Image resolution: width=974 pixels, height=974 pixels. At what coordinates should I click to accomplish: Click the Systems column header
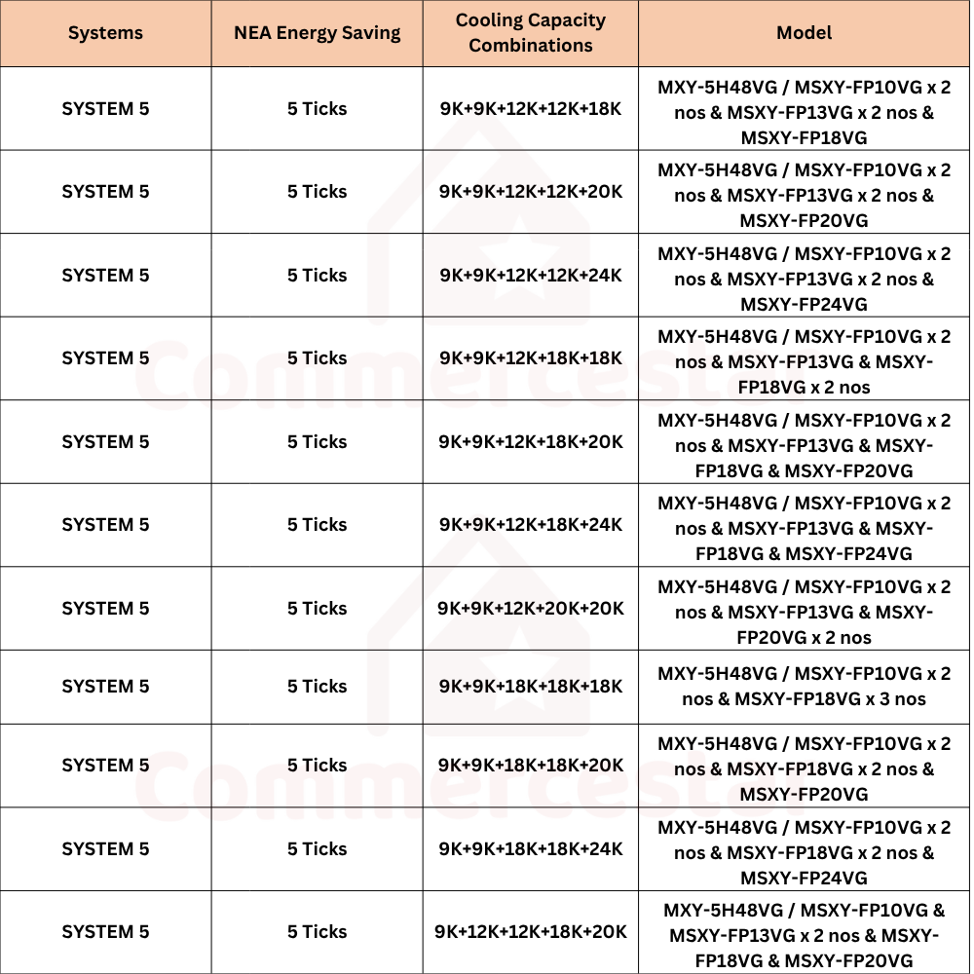click(x=105, y=33)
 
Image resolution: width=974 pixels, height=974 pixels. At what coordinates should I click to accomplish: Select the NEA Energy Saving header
click(x=317, y=33)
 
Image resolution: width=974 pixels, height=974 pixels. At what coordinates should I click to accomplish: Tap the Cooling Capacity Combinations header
click(x=531, y=33)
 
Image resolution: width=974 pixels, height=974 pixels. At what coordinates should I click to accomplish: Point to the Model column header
click(x=804, y=33)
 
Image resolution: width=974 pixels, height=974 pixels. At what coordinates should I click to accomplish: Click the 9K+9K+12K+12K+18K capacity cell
click(x=531, y=108)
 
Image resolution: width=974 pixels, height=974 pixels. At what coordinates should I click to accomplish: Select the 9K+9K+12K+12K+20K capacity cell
click(x=531, y=192)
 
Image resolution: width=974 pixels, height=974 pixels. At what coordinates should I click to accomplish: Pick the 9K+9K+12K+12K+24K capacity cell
click(x=531, y=275)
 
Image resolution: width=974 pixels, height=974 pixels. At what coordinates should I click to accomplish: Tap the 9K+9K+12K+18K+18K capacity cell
click(x=531, y=358)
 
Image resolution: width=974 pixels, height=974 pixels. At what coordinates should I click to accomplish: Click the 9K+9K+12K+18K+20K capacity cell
click(x=531, y=441)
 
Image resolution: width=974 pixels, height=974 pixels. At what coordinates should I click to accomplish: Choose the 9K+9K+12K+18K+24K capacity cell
click(x=531, y=525)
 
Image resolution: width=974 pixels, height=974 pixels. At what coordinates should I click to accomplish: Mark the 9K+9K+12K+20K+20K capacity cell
click(x=531, y=609)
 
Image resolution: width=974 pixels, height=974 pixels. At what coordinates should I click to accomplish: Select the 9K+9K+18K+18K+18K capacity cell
click(x=531, y=687)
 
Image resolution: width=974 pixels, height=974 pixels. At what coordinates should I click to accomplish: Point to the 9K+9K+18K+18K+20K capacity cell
click(x=531, y=766)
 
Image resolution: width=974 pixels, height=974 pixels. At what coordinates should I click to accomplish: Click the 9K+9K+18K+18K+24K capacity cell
click(x=531, y=849)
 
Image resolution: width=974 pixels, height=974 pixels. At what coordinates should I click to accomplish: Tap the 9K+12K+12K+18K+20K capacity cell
click(x=531, y=932)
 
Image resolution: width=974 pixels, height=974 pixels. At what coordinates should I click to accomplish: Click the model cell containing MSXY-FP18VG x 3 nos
click(x=804, y=687)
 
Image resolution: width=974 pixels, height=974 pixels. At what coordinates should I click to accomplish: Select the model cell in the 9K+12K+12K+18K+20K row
click(x=804, y=932)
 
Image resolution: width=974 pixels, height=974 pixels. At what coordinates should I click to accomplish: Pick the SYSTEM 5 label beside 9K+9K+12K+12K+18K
click(x=105, y=108)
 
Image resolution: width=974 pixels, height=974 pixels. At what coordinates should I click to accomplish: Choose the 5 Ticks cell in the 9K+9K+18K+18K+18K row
click(x=317, y=687)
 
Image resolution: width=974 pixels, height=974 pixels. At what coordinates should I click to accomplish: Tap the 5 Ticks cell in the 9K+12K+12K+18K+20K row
click(x=317, y=932)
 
